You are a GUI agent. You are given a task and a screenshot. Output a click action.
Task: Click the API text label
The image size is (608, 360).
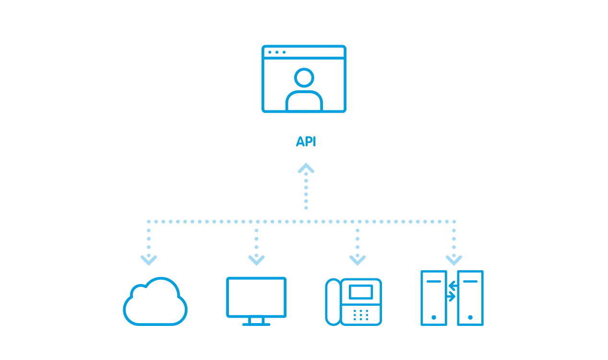pos(306,142)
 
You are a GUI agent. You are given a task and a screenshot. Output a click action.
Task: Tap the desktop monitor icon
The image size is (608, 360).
pos(256,298)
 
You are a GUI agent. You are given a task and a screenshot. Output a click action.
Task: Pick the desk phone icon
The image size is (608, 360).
pos(354,302)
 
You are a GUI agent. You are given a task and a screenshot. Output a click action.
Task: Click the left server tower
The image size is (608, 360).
pos(433,298)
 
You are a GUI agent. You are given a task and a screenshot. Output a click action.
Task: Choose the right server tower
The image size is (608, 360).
pos(470,298)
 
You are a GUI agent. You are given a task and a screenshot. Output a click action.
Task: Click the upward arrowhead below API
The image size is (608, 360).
pos(306,168)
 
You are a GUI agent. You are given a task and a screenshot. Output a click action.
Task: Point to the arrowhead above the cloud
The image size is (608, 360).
pos(149,260)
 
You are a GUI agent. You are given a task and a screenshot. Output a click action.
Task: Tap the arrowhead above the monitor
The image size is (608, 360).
pos(256,260)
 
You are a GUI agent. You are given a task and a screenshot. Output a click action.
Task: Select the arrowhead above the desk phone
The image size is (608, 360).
pos(358,260)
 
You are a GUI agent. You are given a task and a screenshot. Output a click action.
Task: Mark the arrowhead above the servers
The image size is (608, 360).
pos(454,260)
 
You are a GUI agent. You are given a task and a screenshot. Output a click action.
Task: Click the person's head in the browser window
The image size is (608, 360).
pos(304,77)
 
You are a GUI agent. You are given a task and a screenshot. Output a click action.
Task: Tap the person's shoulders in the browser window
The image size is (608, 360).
pos(304,101)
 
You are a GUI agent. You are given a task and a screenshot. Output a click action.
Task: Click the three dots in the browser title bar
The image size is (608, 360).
pos(277,52)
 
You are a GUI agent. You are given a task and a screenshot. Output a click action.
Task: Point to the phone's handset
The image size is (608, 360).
pos(333,302)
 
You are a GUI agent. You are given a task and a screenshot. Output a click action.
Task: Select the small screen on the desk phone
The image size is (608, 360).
pos(361,292)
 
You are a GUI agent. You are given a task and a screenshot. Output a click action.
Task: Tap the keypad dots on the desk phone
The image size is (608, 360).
pos(361,315)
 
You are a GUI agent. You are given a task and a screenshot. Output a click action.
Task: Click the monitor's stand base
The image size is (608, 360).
pos(256,324)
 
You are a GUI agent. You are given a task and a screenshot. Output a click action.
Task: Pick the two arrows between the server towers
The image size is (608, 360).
pos(452,291)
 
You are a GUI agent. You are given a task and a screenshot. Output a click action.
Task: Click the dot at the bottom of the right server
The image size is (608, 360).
pos(470,317)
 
